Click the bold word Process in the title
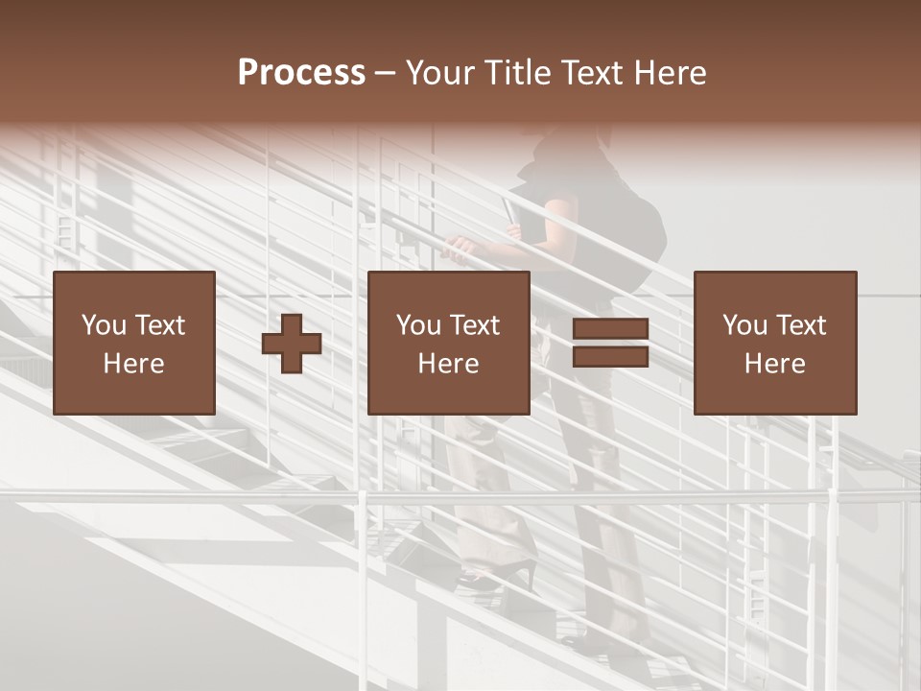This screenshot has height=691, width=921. pyautogui.click(x=301, y=73)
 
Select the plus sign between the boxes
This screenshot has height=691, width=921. pyautogui.click(x=292, y=343)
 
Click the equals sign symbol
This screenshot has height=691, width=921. pyautogui.click(x=610, y=343)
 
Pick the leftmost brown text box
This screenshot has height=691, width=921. pyautogui.click(x=133, y=343)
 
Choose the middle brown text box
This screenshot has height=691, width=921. pyautogui.click(x=448, y=343)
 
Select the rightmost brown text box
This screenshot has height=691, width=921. pyautogui.click(x=774, y=343)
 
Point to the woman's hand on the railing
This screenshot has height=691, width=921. pyautogui.click(x=461, y=249)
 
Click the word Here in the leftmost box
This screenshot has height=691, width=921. pyautogui.click(x=133, y=364)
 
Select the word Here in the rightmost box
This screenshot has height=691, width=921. pyautogui.click(x=774, y=364)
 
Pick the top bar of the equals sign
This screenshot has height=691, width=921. pyautogui.click(x=610, y=329)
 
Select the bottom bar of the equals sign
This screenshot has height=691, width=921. pyautogui.click(x=610, y=356)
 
